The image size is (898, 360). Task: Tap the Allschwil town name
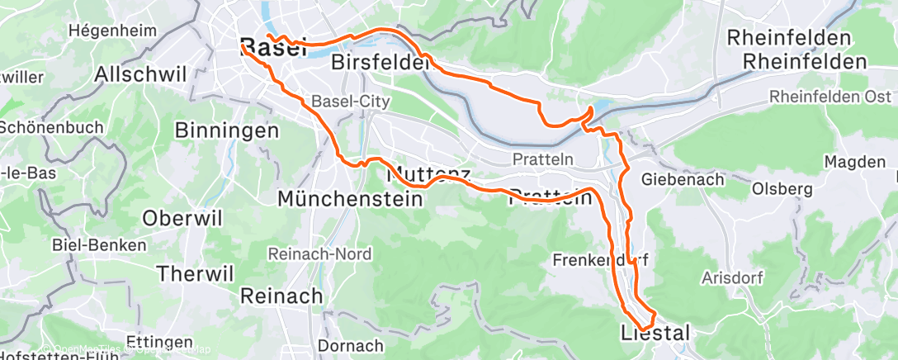click(x=141, y=73)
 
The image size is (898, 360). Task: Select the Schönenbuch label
click(x=51, y=128)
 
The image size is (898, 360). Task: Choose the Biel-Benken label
click(x=99, y=245)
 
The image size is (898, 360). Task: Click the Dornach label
click(x=351, y=345)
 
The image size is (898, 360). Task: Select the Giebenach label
click(x=683, y=179)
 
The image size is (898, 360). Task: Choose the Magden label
click(x=853, y=163)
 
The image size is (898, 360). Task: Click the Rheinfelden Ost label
click(x=830, y=97)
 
